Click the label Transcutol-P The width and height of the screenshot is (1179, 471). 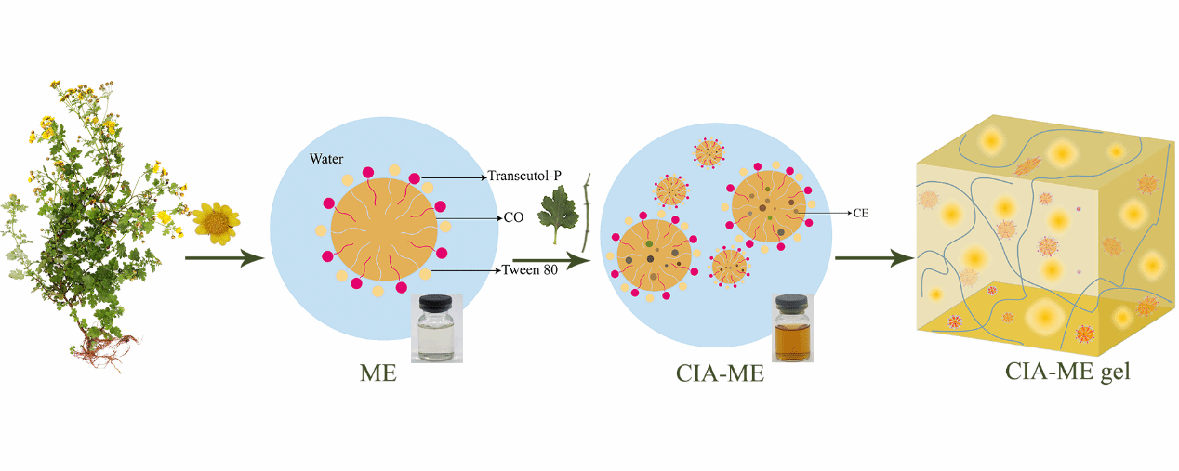click(526, 176)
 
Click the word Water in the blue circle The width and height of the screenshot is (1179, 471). click(327, 160)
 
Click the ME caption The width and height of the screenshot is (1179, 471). click(378, 373)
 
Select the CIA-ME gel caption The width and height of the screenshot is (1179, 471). click(1067, 372)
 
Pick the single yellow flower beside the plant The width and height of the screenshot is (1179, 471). click(216, 223)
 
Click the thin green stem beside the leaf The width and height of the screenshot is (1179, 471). click(587, 212)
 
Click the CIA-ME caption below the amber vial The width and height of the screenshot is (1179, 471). click(720, 373)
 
